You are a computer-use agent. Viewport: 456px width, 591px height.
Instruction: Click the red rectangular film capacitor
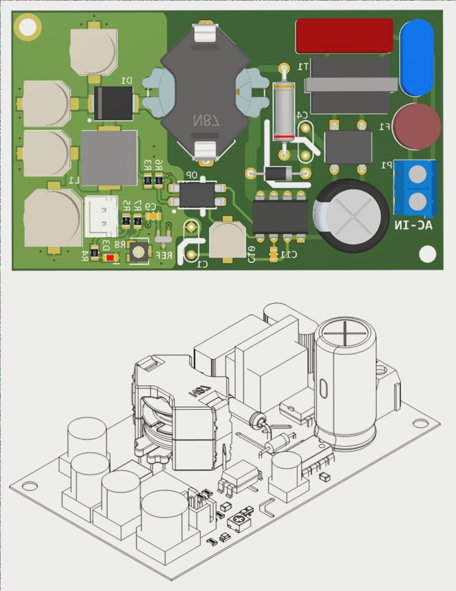pos(344,36)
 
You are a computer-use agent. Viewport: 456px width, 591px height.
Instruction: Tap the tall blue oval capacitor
pos(416,57)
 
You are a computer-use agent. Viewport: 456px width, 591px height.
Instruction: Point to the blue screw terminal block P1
pos(415,187)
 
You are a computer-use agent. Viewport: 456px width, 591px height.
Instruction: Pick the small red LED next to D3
pos(111,258)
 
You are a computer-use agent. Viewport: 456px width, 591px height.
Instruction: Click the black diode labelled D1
pos(113,103)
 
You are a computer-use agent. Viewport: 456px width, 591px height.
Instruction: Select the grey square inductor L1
pos(109,157)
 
